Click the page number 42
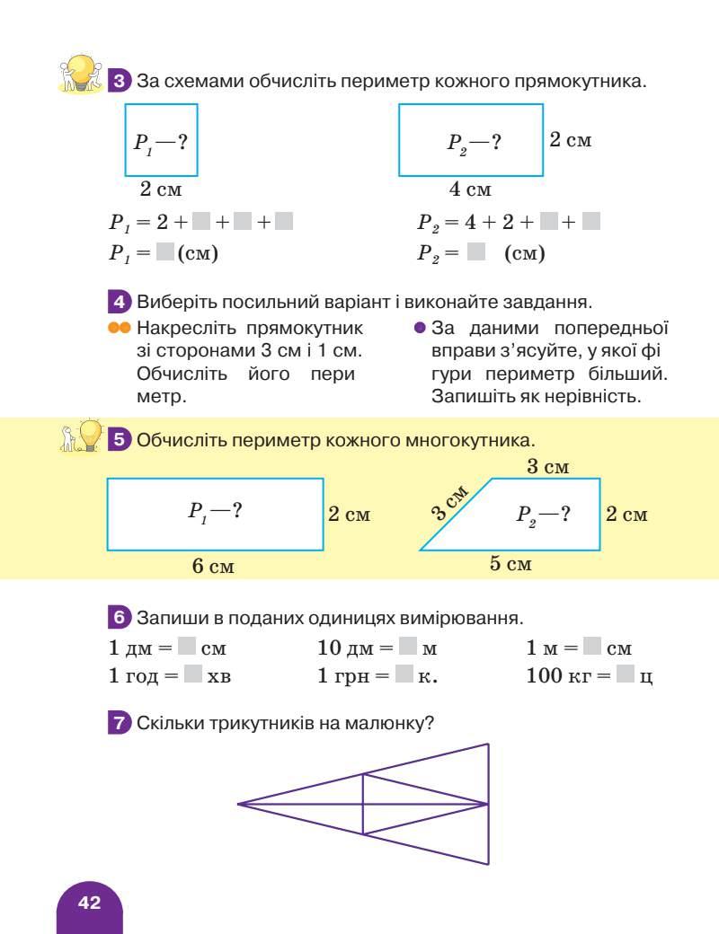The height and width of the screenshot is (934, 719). (89, 903)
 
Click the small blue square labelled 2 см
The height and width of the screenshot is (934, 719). (161, 140)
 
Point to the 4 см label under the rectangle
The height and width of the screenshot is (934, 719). (470, 189)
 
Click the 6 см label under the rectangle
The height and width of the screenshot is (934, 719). (213, 566)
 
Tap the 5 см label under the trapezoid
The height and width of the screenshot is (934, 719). (510, 564)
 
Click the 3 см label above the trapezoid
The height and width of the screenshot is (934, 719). (547, 467)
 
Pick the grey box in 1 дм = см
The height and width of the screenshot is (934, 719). (187, 647)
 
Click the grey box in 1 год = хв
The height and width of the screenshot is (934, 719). (193, 675)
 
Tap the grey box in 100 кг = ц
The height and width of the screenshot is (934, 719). (626, 675)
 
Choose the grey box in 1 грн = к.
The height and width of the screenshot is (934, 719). (404, 675)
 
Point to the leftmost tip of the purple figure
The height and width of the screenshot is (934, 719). (238, 803)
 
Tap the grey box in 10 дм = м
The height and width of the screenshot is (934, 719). (408, 647)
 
